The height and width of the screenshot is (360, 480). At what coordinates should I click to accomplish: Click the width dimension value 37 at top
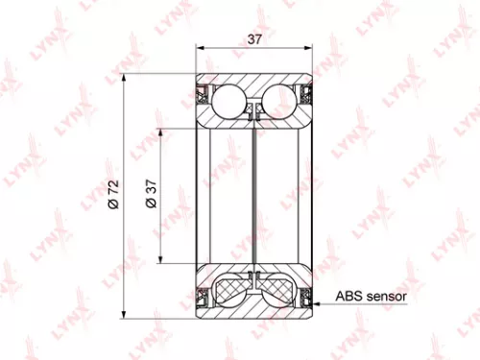[x=254, y=39]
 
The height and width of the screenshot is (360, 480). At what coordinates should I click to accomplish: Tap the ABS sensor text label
[x=372, y=297]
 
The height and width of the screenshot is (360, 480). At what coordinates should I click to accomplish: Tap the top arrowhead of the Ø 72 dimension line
[x=124, y=78]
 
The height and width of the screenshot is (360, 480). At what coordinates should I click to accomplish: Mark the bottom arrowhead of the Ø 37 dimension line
[x=161, y=262]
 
